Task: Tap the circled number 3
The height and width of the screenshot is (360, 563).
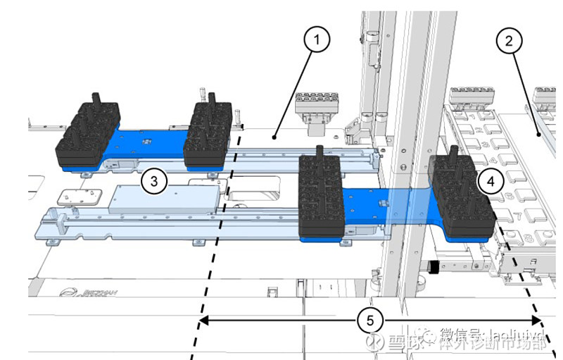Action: point(153,182)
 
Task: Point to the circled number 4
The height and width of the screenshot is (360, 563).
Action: point(491,181)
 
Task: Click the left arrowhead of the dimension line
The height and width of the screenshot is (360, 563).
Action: point(202,321)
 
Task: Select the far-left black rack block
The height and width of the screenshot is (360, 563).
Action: point(87,134)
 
